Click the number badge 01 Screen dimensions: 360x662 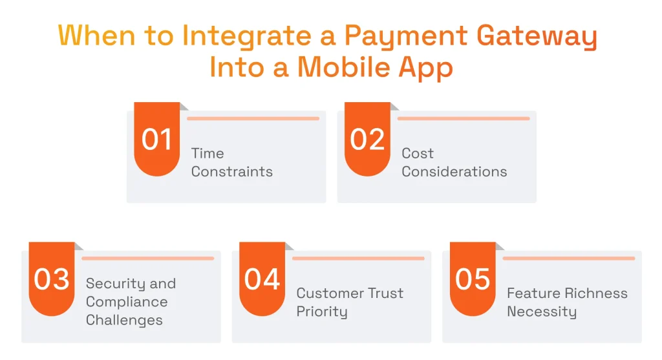[156, 140]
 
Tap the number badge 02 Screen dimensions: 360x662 [367, 140]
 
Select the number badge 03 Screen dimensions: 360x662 [52, 279]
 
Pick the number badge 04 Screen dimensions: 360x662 [262, 279]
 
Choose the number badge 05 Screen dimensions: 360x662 [473, 279]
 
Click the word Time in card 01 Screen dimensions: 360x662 [208, 153]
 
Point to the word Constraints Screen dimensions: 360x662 [231, 172]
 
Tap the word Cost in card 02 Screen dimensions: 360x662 [418, 153]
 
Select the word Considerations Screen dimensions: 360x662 [454, 172]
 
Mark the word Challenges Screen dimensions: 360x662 [124, 320]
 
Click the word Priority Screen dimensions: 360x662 [322, 312]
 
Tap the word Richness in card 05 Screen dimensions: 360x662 [595, 293]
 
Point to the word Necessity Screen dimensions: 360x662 [541, 312]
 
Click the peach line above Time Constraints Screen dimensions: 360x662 [253, 118]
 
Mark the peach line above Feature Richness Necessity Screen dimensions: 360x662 [569, 259]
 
